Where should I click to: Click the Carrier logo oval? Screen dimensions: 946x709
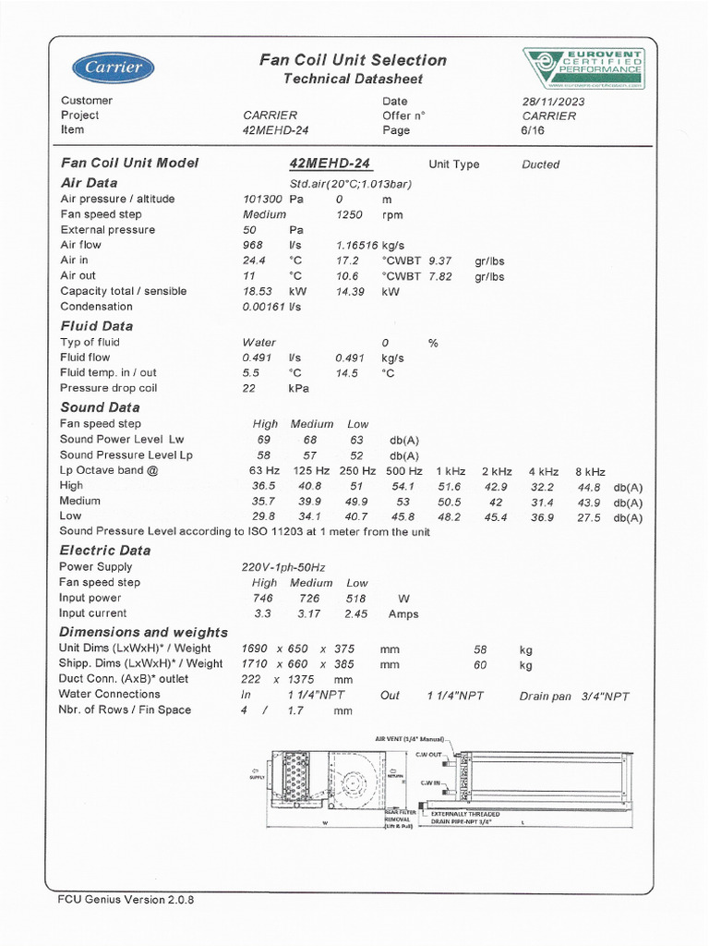pyautogui.click(x=114, y=67)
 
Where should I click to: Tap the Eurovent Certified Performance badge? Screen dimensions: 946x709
pyautogui.click(x=583, y=68)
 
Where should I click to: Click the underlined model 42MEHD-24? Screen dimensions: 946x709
pyautogui.click(x=330, y=164)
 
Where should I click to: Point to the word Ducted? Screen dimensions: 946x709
pyautogui.click(x=540, y=164)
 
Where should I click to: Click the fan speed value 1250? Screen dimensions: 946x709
pyautogui.click(x=351, y=214)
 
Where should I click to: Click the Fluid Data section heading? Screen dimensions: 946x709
pyautogui.click(x=97, y=326)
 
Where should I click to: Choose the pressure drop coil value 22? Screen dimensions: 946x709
pyautogui.click(x=249, y=388)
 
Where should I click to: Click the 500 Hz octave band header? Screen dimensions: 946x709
pyautogui.click(x=403, y=471)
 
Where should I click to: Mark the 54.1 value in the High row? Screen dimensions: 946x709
pyautogui.click(x=403, y=486)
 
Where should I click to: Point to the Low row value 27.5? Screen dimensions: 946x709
pyautogui.click(x=589, y=517)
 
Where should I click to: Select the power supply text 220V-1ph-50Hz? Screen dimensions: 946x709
pyautogui.click(x=283, y=567)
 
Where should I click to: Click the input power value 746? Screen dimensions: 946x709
pyautogui.click(x=264, y=599)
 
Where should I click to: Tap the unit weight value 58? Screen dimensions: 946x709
pyautogui.click(x=480, y=649)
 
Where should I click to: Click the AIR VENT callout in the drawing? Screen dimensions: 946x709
pyautogui.click(x=410, y=740)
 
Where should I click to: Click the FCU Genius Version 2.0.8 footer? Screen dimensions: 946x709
pyautogui.click(x=127, y=900)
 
